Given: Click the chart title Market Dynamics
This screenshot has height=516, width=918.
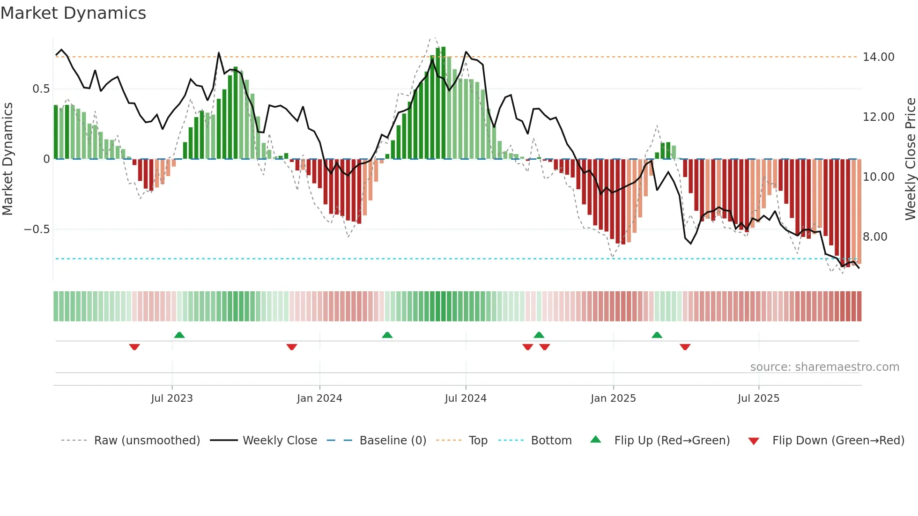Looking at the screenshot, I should pos(73,13).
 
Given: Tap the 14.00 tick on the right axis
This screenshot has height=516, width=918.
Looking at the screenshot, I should pos(878,57).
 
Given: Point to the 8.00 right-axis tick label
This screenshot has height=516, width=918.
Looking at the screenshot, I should pos(875,237).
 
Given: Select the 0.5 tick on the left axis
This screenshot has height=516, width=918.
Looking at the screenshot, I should pos(41,89).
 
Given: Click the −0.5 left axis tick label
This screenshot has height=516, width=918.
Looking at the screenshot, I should pos(37,229).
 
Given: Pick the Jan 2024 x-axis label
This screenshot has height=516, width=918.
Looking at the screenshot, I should pos(319,398).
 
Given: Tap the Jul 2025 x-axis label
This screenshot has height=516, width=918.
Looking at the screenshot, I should pos(758,398).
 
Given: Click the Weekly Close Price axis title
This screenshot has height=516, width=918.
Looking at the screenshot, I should pos(910,159).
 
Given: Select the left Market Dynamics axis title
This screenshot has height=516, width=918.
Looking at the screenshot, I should pos(7,159).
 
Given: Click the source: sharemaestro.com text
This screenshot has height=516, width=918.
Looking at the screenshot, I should pos(824,367).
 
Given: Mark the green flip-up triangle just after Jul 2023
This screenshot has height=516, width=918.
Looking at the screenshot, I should pos(179,335).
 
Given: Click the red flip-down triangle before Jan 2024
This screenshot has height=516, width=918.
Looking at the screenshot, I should pos(292,347).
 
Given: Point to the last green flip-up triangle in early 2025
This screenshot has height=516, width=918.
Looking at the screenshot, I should pos(657,335).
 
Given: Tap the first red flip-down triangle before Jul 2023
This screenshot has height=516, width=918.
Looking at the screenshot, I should pos(134,347).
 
